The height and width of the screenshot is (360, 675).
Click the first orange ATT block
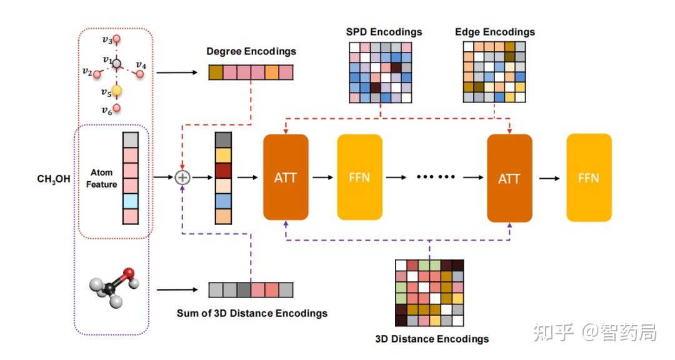point(286,177)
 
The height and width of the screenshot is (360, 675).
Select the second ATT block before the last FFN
point(509,177)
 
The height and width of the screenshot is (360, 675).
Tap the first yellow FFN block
point(359,177)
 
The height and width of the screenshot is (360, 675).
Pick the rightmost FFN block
point(589,177)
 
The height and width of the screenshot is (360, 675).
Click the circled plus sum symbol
point(182,177)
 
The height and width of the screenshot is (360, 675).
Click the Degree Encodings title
point(251,51)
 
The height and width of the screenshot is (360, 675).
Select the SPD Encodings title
point(384,32)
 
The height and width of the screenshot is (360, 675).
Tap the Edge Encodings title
point(494,32)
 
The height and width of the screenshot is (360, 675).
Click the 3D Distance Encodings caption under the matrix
point(432,339)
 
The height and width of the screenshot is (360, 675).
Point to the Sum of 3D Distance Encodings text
point(252,312)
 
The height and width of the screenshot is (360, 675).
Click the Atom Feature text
point(101,178)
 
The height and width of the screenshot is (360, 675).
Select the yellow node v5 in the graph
point(116,91)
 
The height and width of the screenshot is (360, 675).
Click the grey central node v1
point(116,63)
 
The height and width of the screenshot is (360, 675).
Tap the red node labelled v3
point(116,40)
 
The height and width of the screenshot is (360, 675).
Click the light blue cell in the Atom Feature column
point(129,201)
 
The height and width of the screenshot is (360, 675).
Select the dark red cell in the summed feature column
point(224,170)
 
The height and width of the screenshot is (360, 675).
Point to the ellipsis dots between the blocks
point(436,177)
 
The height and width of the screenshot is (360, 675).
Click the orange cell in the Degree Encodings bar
point(271,72)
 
